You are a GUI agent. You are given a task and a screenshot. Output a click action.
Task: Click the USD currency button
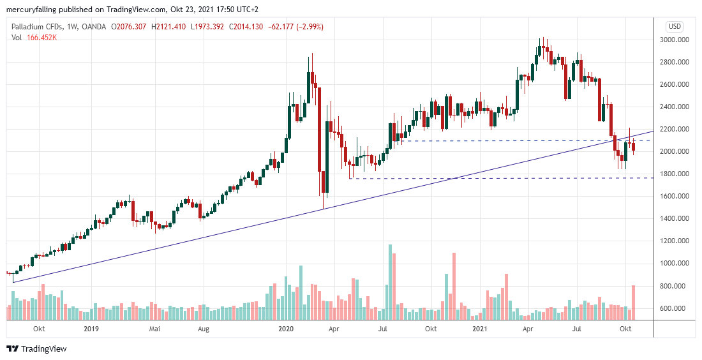tap(675, 26)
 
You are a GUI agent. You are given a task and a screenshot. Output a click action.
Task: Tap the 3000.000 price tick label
tap(676, 40)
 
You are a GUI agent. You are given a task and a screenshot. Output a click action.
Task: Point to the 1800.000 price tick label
tap(676, 174)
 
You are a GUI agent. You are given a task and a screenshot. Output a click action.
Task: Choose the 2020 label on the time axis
tap(286, 329)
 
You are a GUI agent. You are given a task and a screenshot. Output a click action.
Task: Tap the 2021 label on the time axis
tap(480, 329)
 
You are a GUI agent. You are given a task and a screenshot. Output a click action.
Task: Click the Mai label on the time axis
tap(154, 329)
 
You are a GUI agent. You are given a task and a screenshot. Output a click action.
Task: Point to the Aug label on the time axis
tap(203, 329)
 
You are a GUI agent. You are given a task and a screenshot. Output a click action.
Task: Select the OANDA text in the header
tap(93, 27)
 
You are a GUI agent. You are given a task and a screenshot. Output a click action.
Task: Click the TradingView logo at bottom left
tap(36, 349)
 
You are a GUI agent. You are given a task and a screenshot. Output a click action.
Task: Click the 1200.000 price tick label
tap(676, 241)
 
